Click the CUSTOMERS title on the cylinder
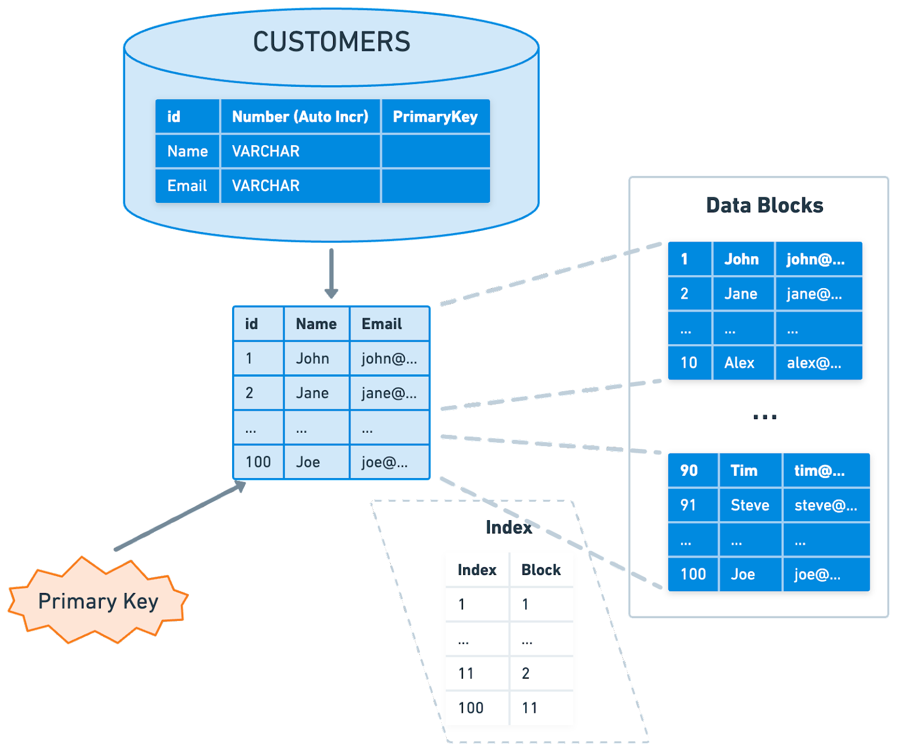pyautogui.click(x=331, y=42)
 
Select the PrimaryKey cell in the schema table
pyautogui.click(x=436, y=117)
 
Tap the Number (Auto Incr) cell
pyautogui.click(x=300, y=117)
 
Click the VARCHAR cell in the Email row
pyautogui.click(x=300, y=186)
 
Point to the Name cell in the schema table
pyautogui.click(x=187, y=151)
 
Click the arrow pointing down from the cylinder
pyautogui.click(x=331, y=273)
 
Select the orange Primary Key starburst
pyautogui.click(x=98, y=600)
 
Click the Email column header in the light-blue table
pyautogui.click(x=390, y=324)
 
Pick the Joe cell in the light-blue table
pyautogui.click(x=317, y=462)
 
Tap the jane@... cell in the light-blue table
pyautogui.click(x=390, y=393)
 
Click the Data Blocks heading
pyautogui.click(x=765, y=206)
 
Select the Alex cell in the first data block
pyautogui.click(x=743, y=363)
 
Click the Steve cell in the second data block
pyautogui.click(x=750, y=506)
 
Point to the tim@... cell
pyautogui.click(x=826, y=471)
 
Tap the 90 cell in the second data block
pyautogui.click(x=693, y=471)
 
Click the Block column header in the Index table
pyautogui.click(x=541, y=570)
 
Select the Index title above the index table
pyautogui.click(x=508, y=527)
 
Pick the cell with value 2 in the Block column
pyautogui.click(x=541, y=674)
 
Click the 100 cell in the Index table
pyautogui.click(x=477, y=708)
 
